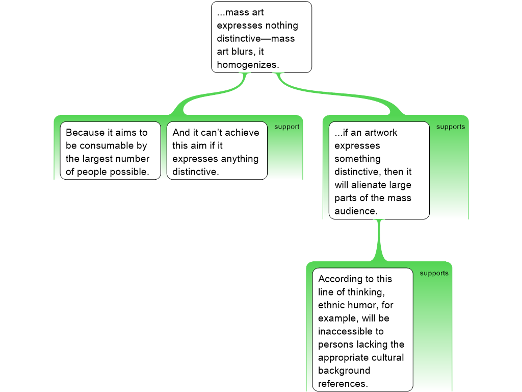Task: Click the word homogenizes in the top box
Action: point(247,65)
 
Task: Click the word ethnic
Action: point(332,305)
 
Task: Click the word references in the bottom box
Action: point(342,383)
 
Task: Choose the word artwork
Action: point(380,132)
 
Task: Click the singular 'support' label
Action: point(286,127)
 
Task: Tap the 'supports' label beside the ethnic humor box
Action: point(434,273)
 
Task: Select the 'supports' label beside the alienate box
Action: point(450,127)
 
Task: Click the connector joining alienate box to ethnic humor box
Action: point(379,240)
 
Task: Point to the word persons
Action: point(335,344)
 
